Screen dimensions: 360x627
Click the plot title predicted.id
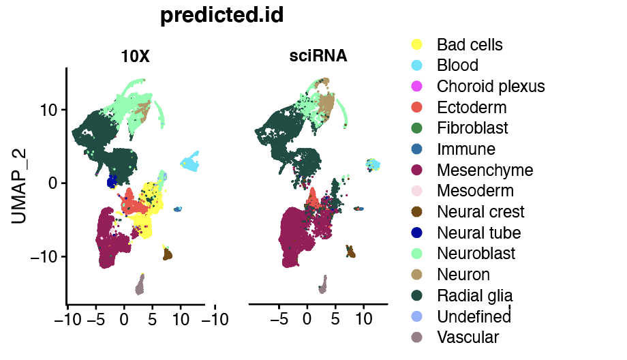[x=221, y=15]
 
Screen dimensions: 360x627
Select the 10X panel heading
[x=135, y=57]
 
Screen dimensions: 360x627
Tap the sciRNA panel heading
[x=318, y=57]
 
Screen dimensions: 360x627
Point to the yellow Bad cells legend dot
[x=417, y=45]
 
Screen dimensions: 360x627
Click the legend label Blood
[x=457, y=65]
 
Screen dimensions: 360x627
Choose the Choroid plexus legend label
[x=491, y=87]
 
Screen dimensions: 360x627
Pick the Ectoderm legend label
[x=472, y=108]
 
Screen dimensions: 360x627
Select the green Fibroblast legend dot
[x=417, y=128]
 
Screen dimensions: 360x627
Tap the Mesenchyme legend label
[x=485, y=170]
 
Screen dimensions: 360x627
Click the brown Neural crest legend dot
[x=417, y=212]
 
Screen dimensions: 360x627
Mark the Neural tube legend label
[x=478, y=233]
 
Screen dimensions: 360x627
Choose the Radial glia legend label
[x=475, y=295]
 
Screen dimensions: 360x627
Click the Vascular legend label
[x=468, y=337]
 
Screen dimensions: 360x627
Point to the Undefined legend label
[x=474, y=316]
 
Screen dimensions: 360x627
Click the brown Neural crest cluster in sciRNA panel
[x=351, y=252]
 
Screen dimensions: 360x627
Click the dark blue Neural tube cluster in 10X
[x=112, y=182]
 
